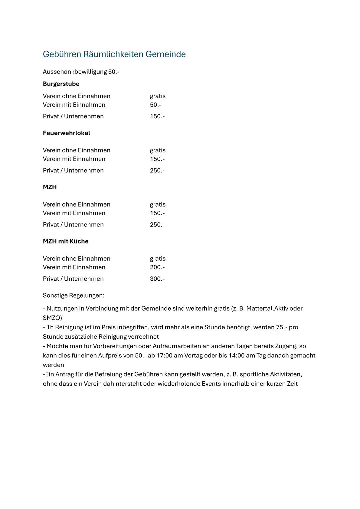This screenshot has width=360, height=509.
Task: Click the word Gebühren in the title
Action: coord(62,54)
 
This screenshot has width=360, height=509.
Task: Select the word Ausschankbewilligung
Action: coord(75,72)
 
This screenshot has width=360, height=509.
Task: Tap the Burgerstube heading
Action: coord(61,84)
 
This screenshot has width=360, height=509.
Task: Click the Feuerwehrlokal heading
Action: coord(67,133)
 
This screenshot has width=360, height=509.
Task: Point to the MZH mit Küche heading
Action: coord(66,241)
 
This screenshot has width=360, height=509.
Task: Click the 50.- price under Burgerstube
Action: coord(155,105)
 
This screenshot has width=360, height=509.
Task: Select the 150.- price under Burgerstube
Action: coord(157,116)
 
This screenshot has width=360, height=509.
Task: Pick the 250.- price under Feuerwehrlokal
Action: coord(157,171)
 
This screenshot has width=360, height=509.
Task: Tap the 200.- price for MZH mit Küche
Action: coord(157,267)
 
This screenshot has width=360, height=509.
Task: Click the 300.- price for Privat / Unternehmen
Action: coord(157,279)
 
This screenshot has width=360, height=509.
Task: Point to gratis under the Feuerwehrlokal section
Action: coord(158,150)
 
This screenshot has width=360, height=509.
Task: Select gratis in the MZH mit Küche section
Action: coord(158,259)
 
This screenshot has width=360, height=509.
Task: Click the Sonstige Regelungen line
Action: coord(74,295)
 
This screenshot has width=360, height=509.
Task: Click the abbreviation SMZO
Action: coord(52,318)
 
